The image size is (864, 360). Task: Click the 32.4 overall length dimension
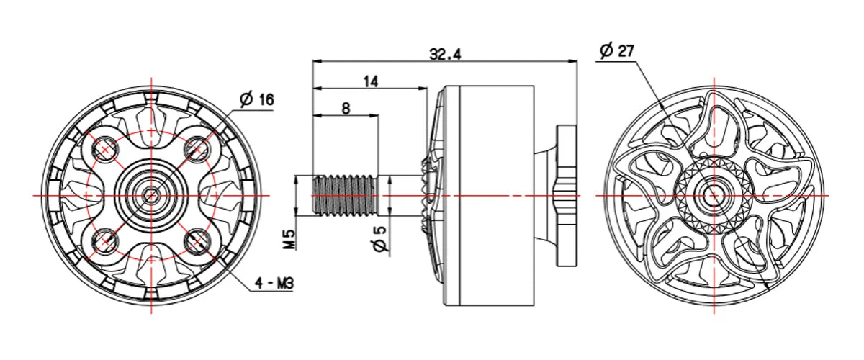(445, 54)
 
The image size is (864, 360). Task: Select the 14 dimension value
(370, 81)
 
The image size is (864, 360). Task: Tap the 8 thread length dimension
(346, 108)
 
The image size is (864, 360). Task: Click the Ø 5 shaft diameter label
(381, 238)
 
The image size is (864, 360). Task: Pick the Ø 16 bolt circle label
(257, 99)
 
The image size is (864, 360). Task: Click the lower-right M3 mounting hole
(196, 240)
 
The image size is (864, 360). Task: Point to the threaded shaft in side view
(343, 194)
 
